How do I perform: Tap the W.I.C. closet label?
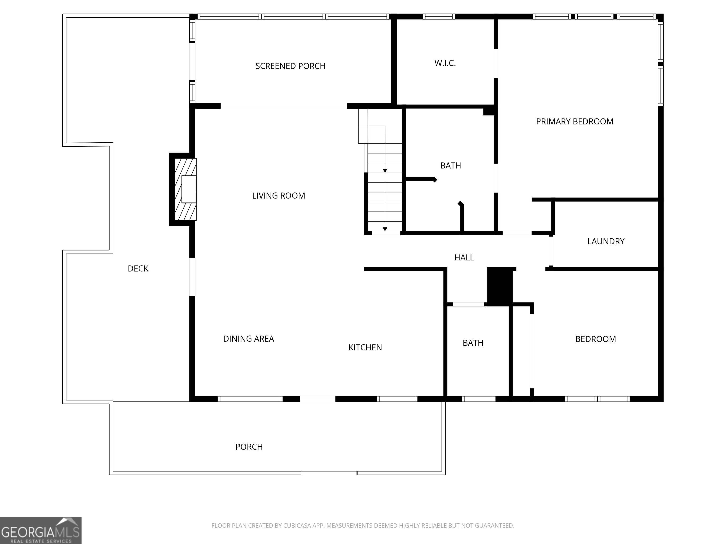(445, 63)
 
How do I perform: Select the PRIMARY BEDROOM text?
(574, 122)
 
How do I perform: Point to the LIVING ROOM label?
(278, 196)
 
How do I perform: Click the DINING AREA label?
(248, 339)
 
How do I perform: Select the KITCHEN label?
(365, 348)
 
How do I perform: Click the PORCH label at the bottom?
(249, 447)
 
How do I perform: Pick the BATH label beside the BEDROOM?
(473, 343)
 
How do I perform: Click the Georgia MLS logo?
(41, 530)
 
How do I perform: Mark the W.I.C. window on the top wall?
(438, 16)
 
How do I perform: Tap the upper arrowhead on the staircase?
(385, 171)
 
